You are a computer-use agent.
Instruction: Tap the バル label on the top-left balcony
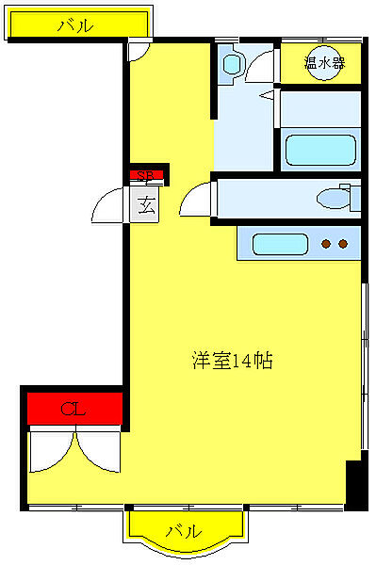pos(75,26)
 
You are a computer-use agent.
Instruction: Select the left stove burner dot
pos(326,245)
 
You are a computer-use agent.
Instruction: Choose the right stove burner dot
pos(342,245)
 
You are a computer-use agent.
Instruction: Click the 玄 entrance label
pos(146,202)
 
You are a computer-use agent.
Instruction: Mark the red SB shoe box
pos(146,174)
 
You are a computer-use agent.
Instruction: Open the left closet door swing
pos(52,450)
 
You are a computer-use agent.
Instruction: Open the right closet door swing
pos(99,450)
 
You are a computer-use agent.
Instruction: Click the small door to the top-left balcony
pos(139,51)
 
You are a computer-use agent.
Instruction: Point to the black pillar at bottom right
pos(355,483)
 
